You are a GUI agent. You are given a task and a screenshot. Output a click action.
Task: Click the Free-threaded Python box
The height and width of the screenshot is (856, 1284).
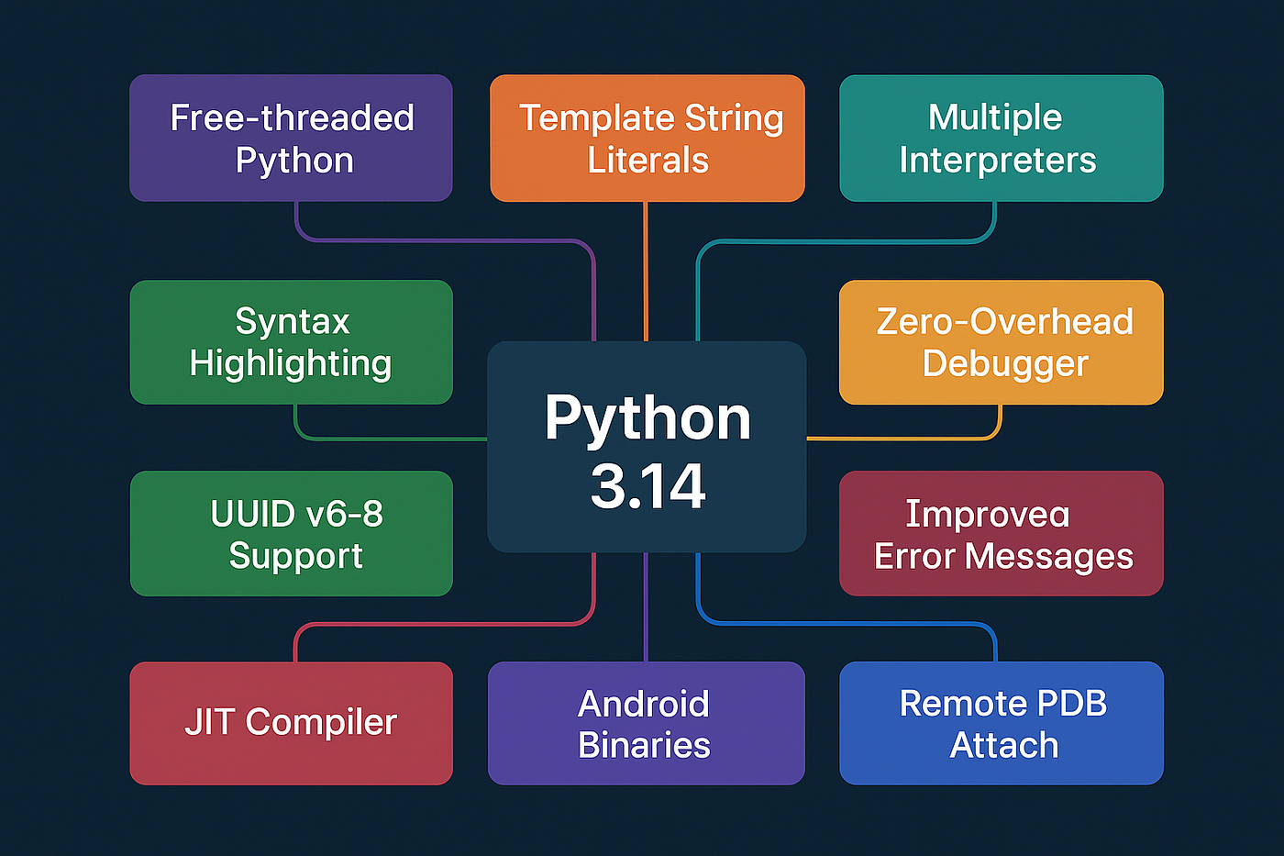291,138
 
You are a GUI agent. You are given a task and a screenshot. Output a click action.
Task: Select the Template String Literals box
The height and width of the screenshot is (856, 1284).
648,138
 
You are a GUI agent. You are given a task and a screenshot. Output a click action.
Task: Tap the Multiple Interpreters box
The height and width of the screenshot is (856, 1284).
1002,138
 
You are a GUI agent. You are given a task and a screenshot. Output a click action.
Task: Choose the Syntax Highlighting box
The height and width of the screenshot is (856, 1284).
291,342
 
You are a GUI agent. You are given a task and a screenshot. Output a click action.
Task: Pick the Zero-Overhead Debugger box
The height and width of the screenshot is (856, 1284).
1002,342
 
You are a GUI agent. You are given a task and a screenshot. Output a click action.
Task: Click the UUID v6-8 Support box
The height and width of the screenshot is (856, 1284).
291,533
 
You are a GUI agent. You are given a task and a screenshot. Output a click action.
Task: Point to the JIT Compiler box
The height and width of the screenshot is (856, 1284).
291,723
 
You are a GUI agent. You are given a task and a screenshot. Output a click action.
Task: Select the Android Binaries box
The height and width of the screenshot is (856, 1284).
646,723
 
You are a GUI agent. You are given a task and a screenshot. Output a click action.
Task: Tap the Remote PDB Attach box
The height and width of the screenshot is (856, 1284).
1002,723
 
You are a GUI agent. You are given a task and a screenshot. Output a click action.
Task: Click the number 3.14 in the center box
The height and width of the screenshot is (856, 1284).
648,486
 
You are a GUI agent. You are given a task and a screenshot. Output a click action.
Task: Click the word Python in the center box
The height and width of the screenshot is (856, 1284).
648,419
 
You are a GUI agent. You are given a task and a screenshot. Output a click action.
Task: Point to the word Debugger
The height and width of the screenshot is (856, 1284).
1005,364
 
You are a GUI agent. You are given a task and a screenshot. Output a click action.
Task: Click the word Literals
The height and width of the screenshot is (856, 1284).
648,161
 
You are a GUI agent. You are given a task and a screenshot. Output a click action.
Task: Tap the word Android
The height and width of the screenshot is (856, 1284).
644,704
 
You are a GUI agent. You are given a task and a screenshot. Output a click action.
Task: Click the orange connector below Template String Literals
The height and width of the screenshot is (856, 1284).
646,271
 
